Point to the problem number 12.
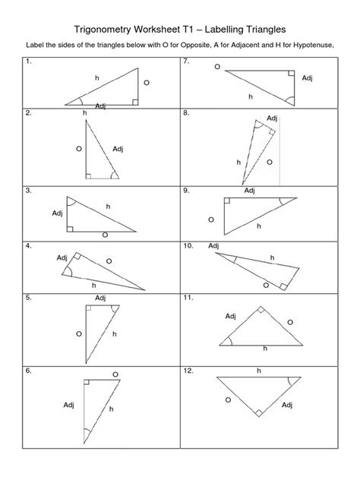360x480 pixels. coord(188,371)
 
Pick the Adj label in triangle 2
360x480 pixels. coord(118,148)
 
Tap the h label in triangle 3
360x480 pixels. coord(108,207)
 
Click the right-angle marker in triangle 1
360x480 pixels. coord(134,101)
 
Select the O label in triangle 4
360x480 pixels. coord(109,261)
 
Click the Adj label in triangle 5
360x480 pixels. coord(101,298)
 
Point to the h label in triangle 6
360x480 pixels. coord(111,409)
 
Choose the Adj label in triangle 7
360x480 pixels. coord(308,78)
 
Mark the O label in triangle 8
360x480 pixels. coord(267,162)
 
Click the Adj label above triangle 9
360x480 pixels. coord(250,191)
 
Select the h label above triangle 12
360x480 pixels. coord(258,371)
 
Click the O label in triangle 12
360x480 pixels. coord(227,399)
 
